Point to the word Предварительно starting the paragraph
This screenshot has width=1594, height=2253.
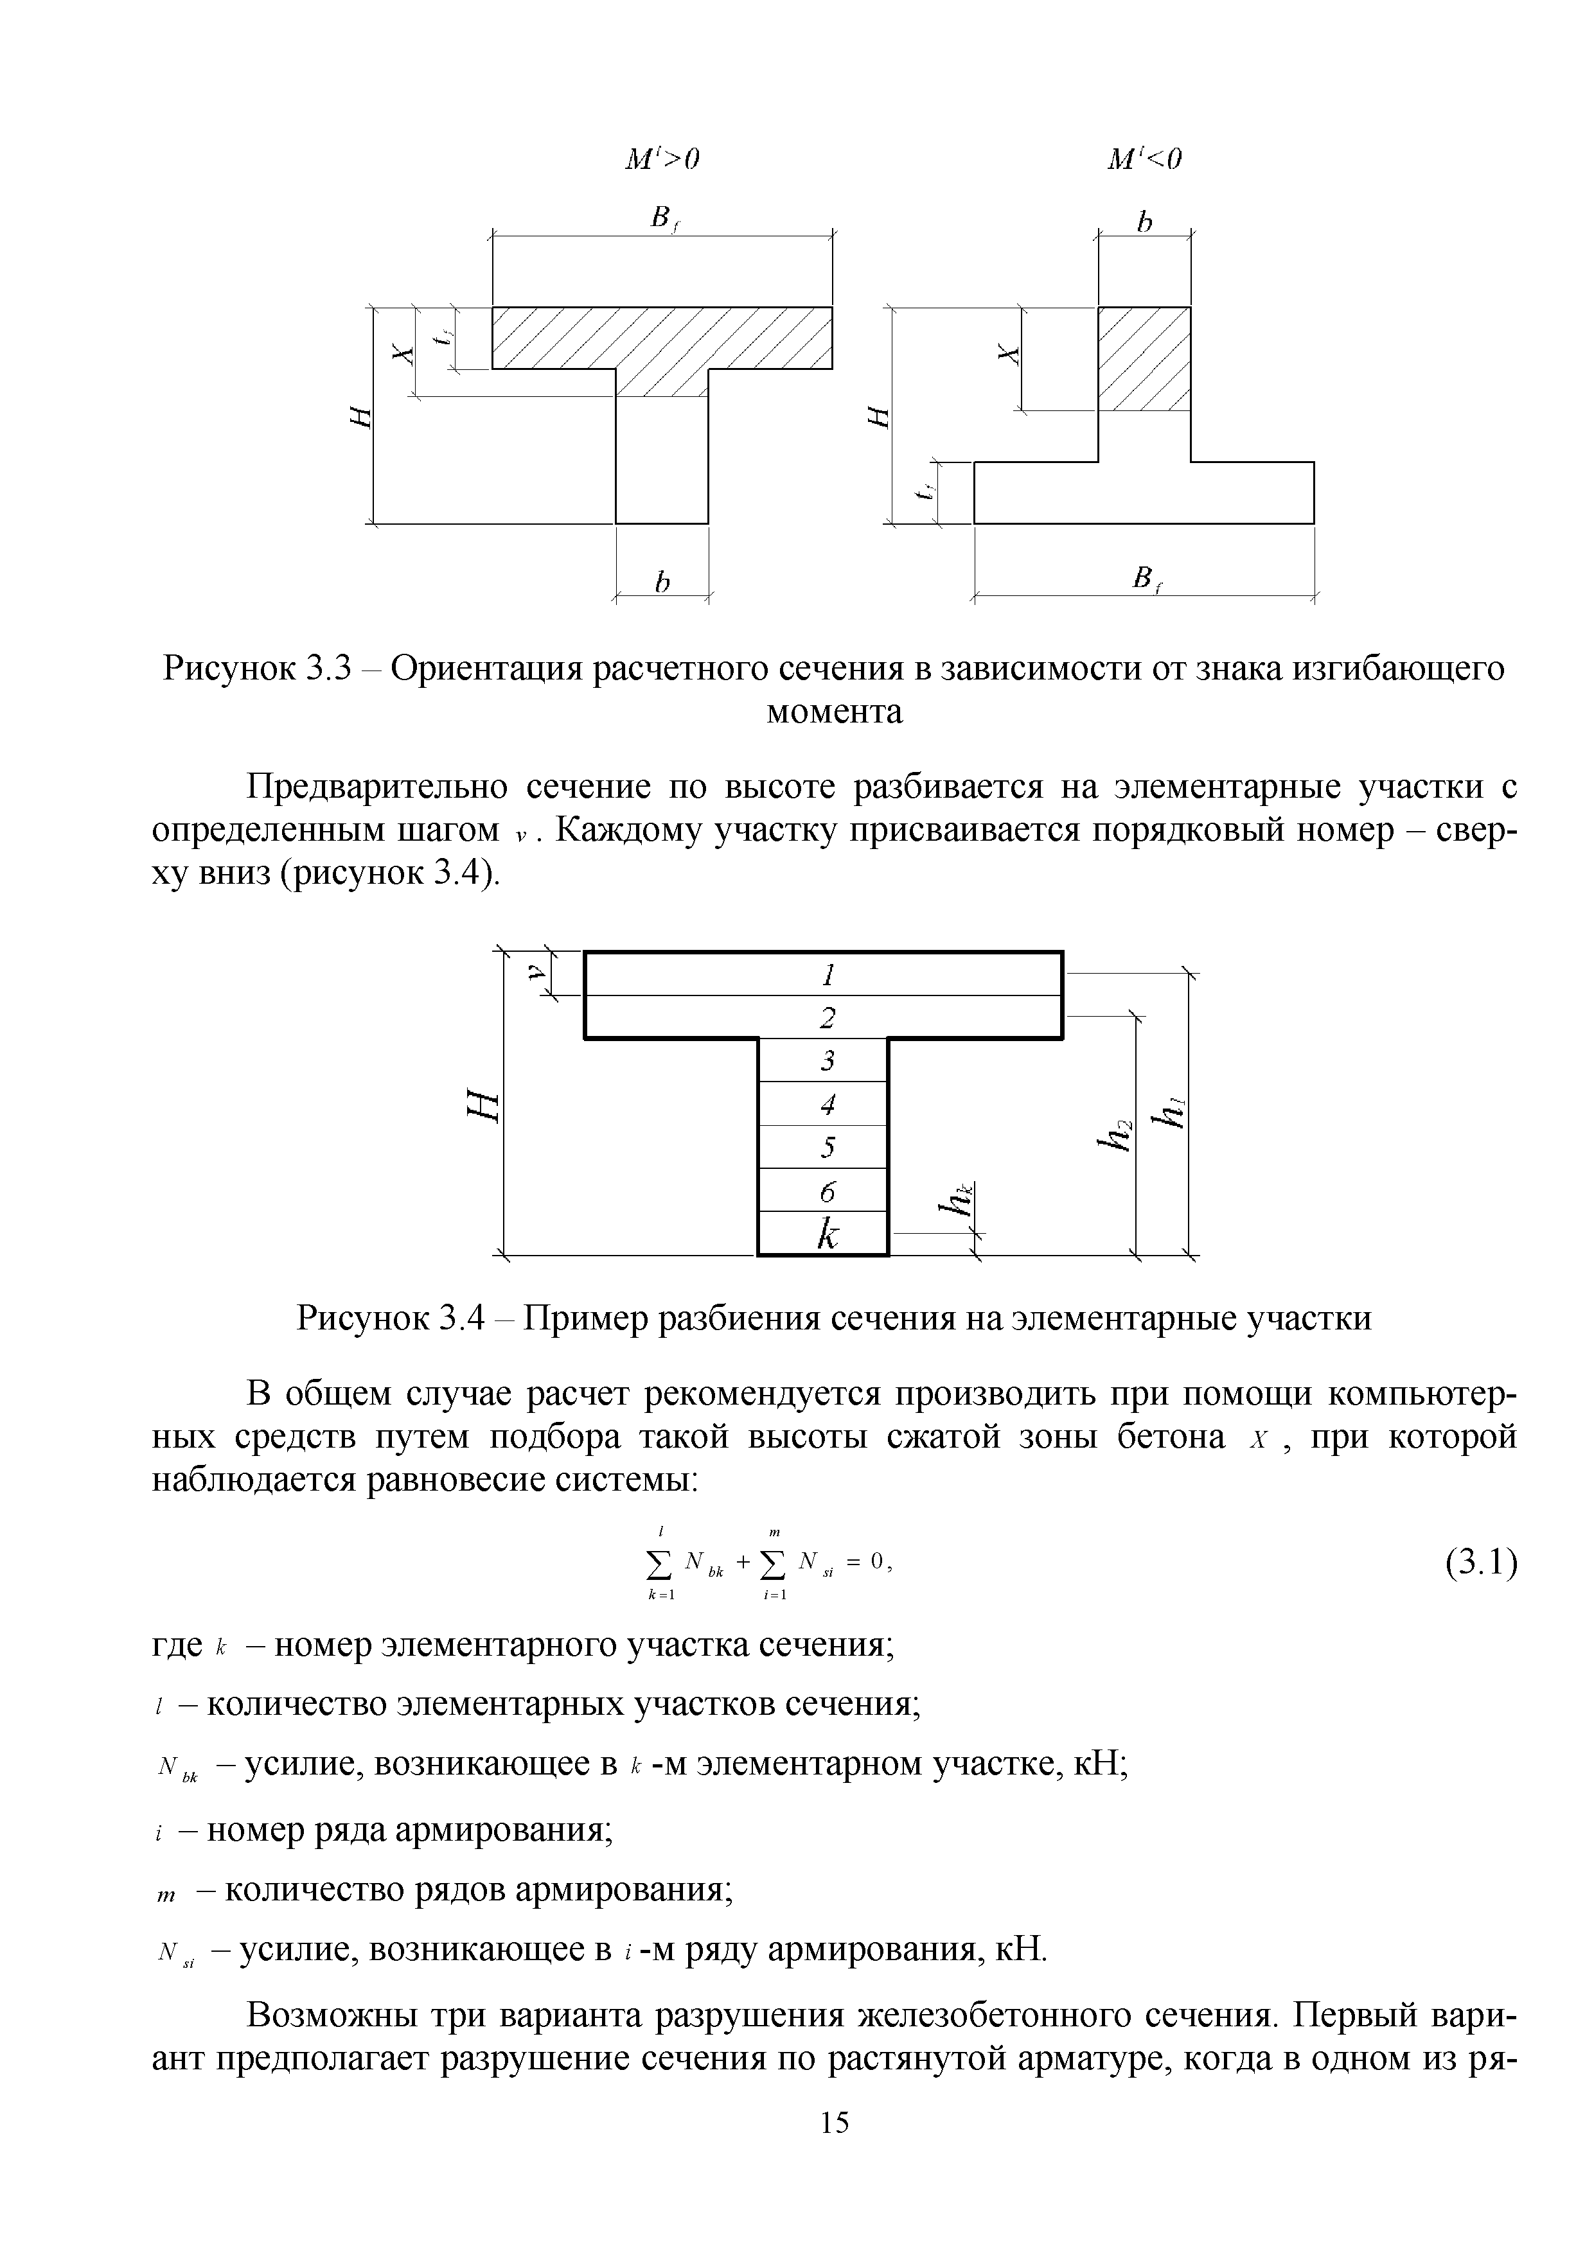[x=377, y=786]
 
